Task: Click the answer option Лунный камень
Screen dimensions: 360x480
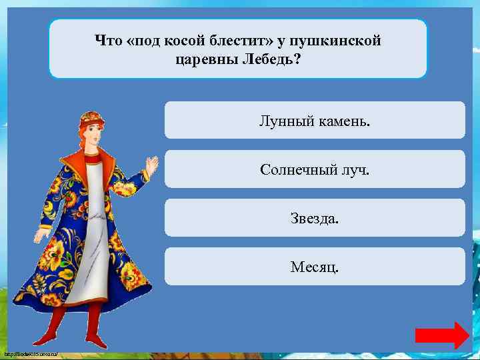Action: tap(315, 121)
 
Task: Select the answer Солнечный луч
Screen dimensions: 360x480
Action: tap(315, 169)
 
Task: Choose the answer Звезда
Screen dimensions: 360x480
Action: tap(315, 218)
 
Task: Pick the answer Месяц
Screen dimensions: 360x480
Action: tap(315, 267)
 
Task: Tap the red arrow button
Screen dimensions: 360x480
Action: tap(442, 335)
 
